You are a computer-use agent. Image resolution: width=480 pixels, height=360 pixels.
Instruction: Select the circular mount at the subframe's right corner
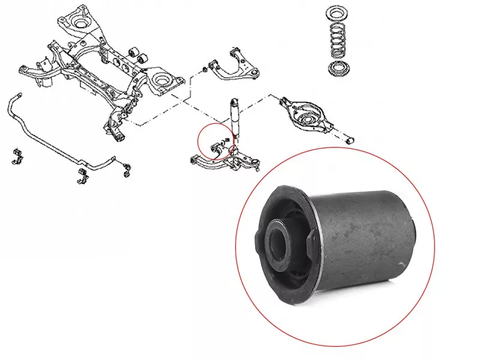(161, 80)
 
